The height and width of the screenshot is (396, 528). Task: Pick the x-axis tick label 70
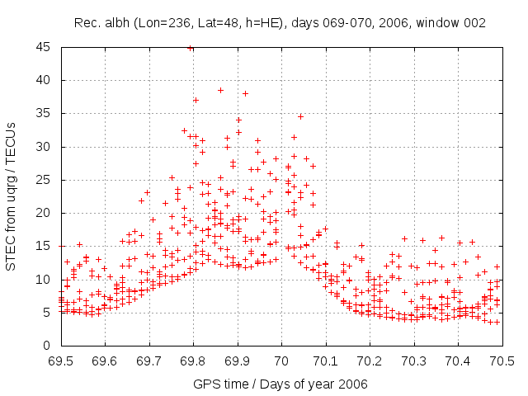tap(281, 361)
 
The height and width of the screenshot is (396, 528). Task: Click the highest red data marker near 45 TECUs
tap(191, 49)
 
